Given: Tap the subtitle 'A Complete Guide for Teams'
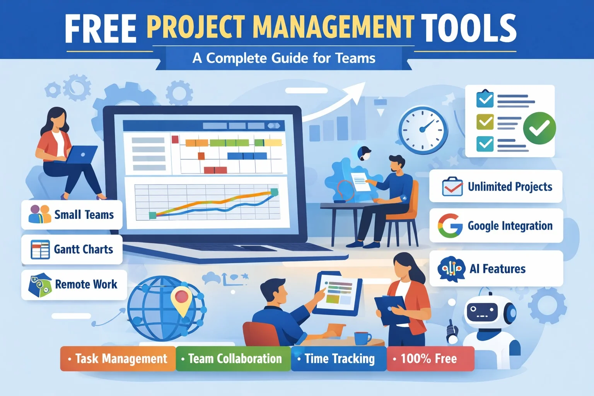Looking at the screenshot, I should pyautogui.click(x=284, y=58).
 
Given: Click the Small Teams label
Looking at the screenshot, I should pyautogui.click(x=84, y=215).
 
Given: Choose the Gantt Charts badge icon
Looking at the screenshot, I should pyautogui.click(x=40, y=249).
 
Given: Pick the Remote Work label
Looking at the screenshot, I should pyautogui.click(x=86, y=285).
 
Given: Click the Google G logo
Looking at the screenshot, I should pyautogui.click(x=450, y=225).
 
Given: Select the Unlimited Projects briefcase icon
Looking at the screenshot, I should pyautogui.click(x=452, y=187).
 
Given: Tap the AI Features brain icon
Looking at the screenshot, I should pyautogui.click(x=451, y=268).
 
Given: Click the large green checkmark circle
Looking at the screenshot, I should pyautogui.click(x=539, y=128).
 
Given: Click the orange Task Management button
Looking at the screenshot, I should pyautogui.click(x=118, y=359).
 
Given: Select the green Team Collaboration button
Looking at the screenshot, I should pyautogui.click(x=233, y=359).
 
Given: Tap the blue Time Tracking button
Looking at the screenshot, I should pyautogui.click(x=338, y=359).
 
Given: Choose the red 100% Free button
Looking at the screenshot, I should pyautogui.click(x=430, y=359).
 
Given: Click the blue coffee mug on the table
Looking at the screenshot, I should pyautogui.click(x=362, y=338).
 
